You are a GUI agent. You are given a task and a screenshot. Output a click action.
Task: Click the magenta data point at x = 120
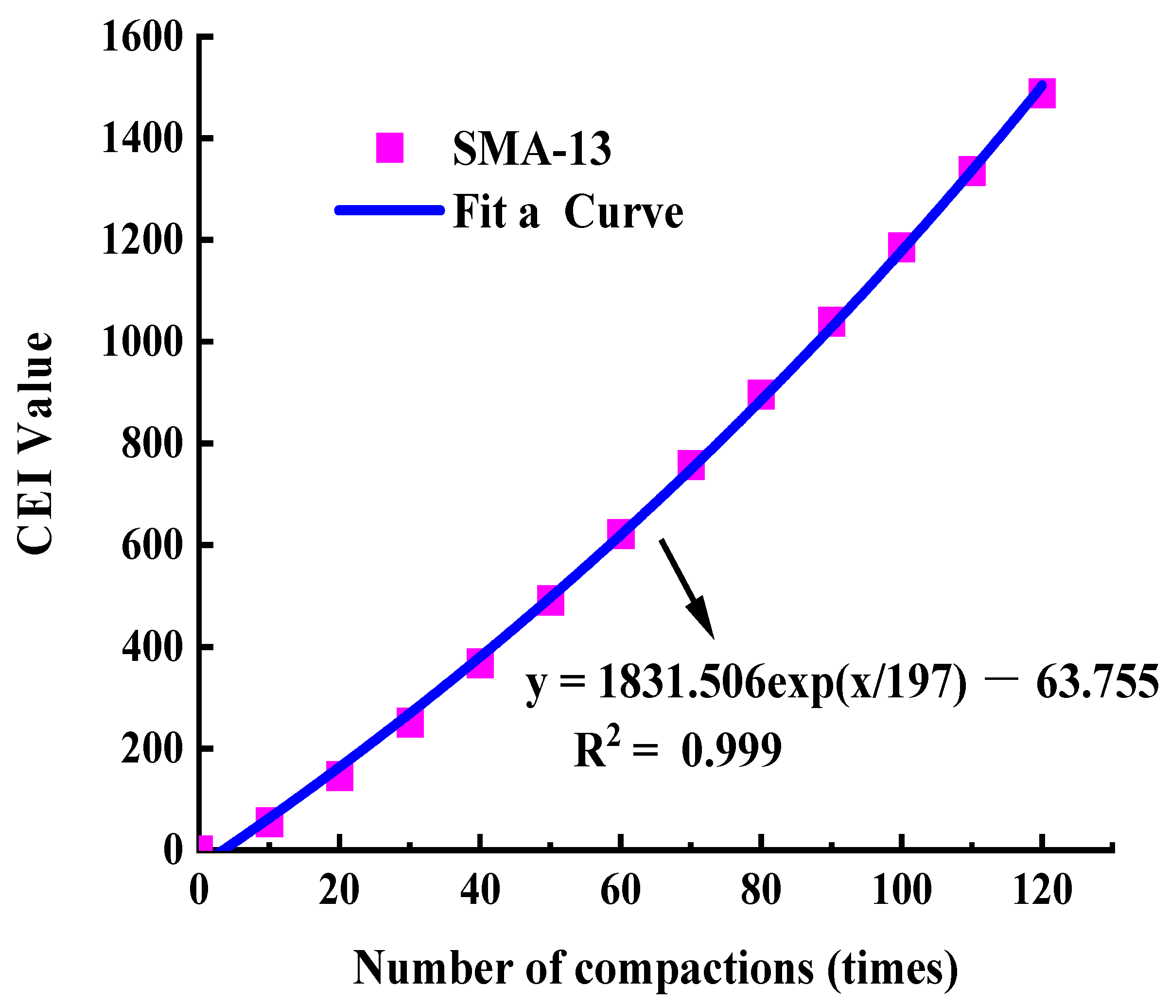point(1042,93)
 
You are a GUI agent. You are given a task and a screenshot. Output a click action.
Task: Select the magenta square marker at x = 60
point(621,534)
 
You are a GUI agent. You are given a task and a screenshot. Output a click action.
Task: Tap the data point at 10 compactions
point(269,822)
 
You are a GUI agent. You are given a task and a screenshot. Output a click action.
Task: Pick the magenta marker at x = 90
point(832,322)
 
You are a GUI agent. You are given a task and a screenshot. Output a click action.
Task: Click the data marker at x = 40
point(480,663)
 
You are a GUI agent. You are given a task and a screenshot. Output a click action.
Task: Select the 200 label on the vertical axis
point(153,750)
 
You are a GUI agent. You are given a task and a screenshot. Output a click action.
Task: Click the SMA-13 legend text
point(531,149)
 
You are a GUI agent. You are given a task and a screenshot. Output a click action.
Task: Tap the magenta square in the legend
point(390,148)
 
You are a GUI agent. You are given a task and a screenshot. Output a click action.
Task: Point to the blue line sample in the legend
point(390,210)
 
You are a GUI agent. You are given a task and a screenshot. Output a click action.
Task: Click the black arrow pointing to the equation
point(687,589)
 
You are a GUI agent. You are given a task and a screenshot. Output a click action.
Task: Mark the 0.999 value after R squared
point(731,751)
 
